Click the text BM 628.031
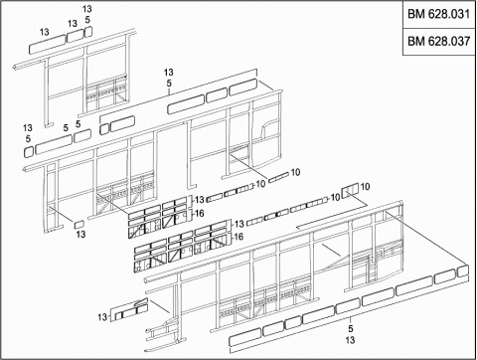[438, 14]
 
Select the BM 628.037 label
[438, 41]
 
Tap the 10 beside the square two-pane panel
[365, 187]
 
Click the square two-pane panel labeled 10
[350, 190]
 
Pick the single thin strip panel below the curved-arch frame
[278, 178]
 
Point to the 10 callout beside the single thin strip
[295, 172]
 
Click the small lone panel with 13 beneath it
[79, 224]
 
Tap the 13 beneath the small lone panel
[80, 235]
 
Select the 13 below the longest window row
[350, 340]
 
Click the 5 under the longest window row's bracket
[351, 329]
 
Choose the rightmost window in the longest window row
[463, 271]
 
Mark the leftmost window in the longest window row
[244, 338]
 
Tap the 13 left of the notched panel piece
[102, 317]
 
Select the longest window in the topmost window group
[48, 44]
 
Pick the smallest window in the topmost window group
[87, 32]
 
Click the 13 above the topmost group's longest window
[45, 32]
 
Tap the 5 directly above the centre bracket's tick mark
[169, 84]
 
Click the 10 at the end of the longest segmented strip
[335, 197]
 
